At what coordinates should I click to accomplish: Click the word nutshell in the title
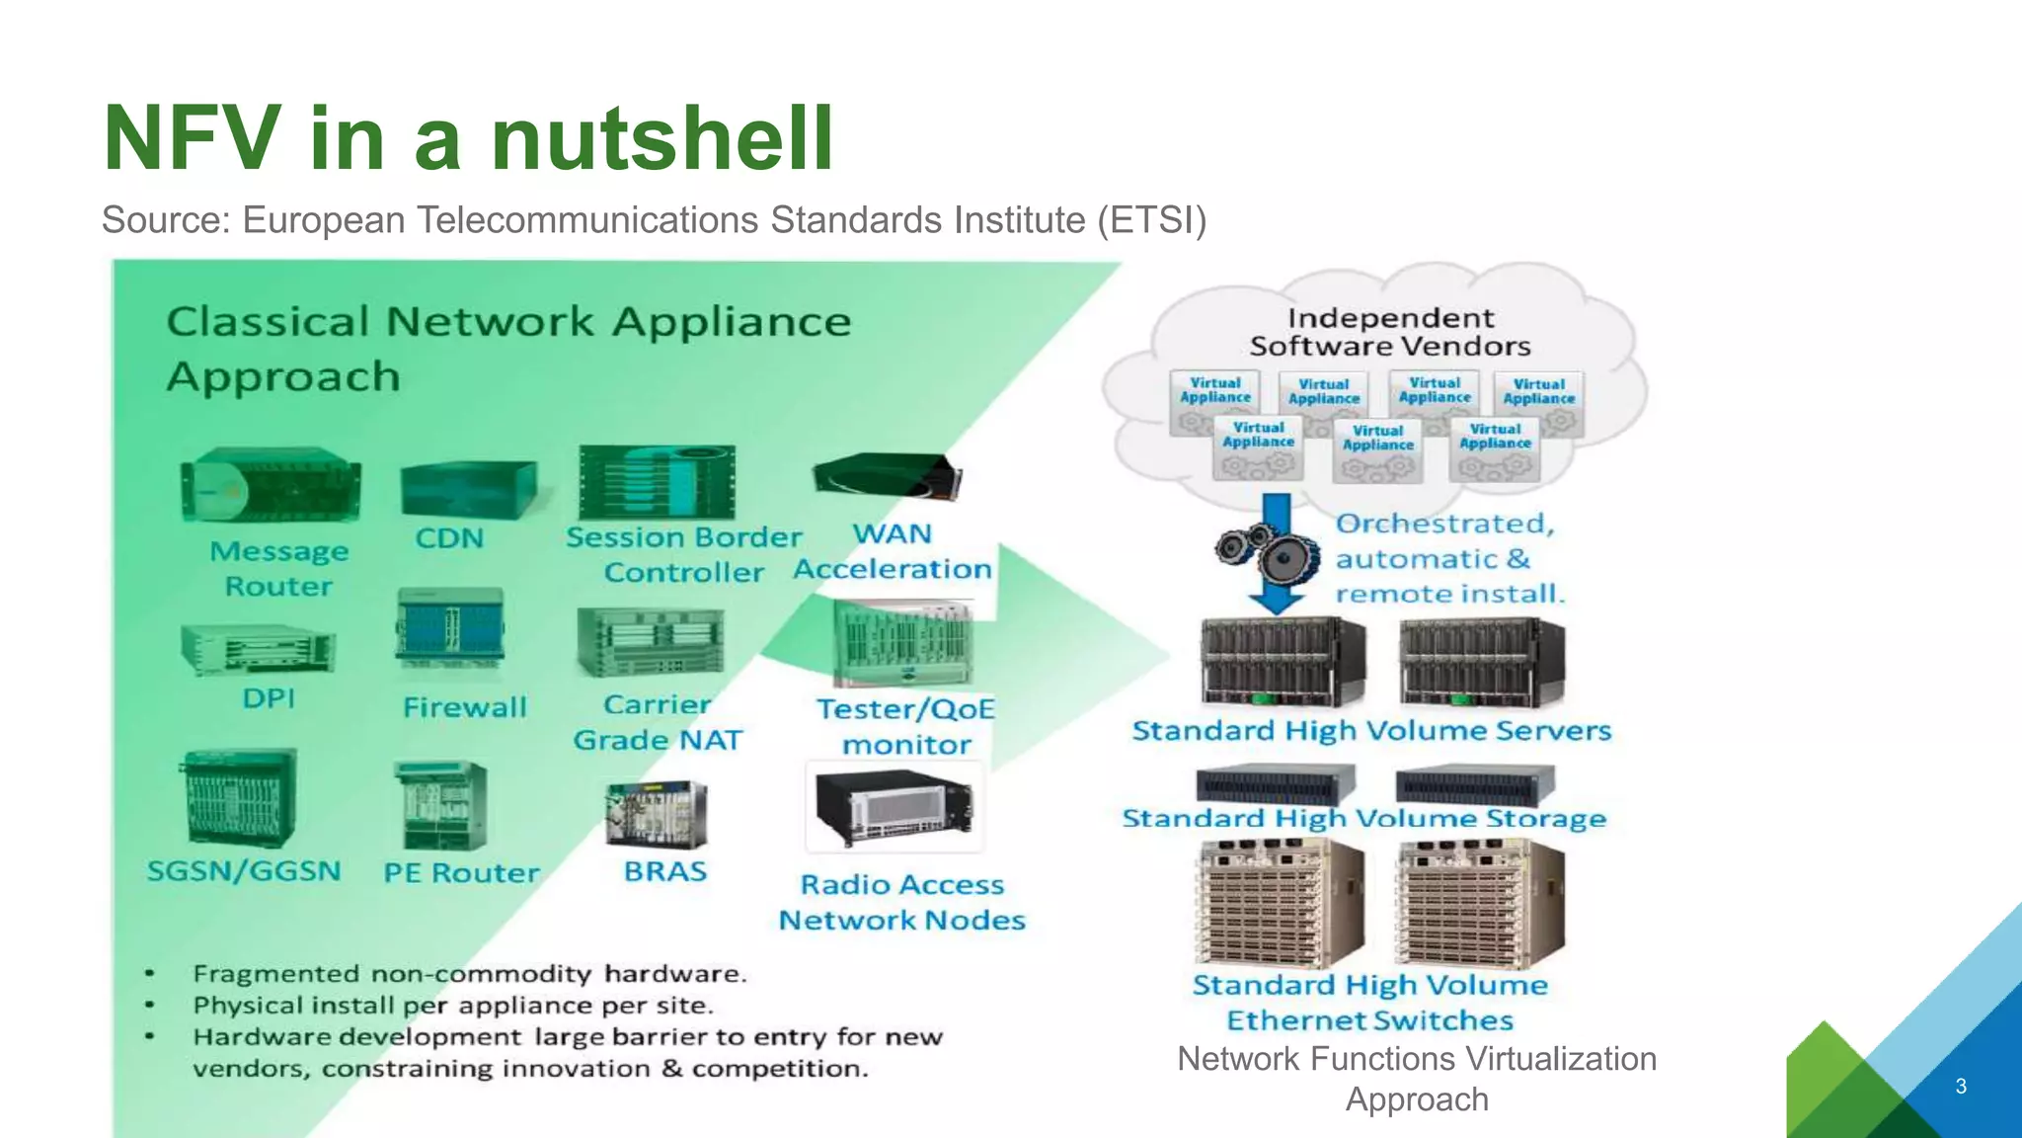[x=661, y=138]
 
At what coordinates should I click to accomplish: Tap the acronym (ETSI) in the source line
[x=1151, y=220]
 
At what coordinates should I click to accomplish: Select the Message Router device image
[x=271, y=484]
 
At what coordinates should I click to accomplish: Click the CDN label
[x=449, y=538]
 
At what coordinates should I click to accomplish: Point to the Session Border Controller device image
[x=657, y=482]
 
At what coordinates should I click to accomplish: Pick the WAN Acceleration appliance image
[x=887, y=476]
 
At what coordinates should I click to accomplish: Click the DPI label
[x=269, y=698]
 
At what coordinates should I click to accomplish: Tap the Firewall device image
[x=450, y=629]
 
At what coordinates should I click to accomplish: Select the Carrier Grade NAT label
[x=657, y=722]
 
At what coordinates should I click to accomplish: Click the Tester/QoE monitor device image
[x=902, y=643]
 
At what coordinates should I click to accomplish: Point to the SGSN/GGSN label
[x=244, y=871]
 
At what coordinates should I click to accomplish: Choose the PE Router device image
[x=440, y=805]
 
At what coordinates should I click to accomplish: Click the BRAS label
[x=664, y=871]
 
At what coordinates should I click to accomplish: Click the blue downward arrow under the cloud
[x=1277, y=553]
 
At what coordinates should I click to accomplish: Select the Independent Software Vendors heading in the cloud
[x=1389, y=332]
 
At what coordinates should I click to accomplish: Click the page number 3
[x=1961, y=1086]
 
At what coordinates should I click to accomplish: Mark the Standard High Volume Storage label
[x=1363, y=819]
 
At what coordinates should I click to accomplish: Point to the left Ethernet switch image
[x=1279, y=903]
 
